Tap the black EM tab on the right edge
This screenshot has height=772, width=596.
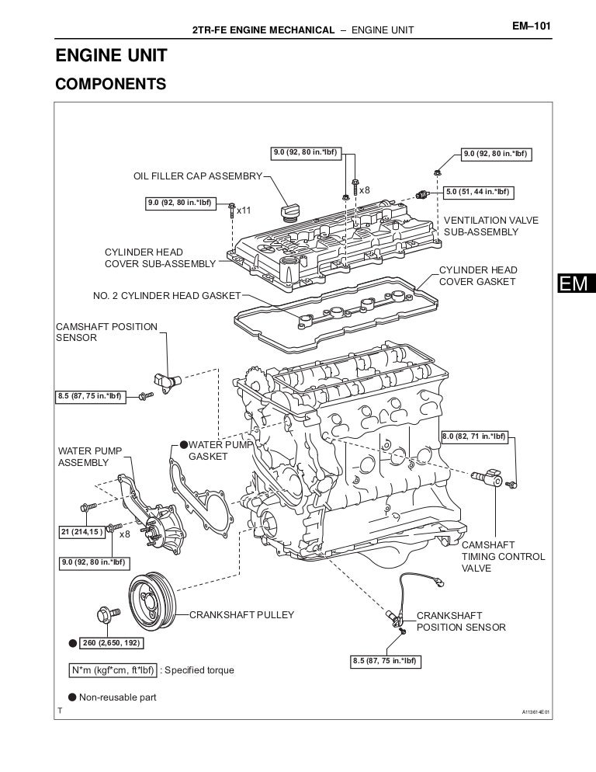point(573,285)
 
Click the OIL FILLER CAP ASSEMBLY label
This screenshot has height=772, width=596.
point(199,176)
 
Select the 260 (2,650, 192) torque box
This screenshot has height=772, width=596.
point(111,643)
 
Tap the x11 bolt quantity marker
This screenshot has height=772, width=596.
point(244,210)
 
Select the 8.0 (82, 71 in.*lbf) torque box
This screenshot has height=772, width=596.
point(474,436)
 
